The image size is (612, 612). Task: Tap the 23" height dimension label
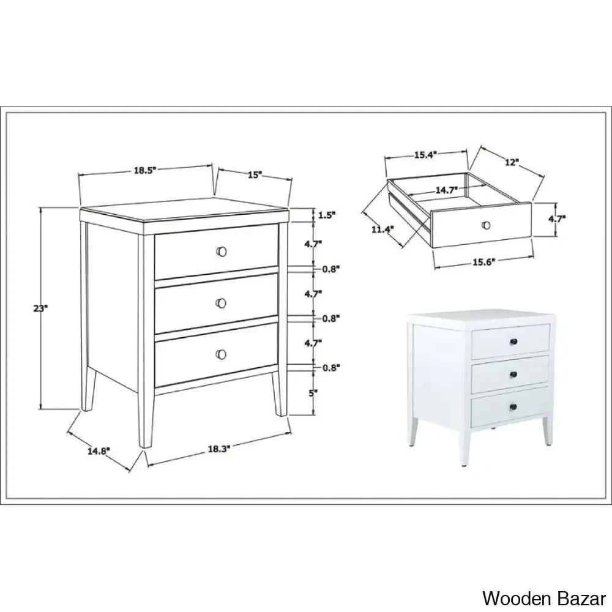[40, 308]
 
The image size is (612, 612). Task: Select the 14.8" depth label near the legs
[99, 451]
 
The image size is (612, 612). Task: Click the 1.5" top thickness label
[327, 215]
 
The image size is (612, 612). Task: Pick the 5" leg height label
[313, 393]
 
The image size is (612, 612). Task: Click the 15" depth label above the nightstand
[255, 174]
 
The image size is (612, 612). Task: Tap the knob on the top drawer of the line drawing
[222, 252]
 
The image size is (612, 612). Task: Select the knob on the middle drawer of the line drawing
[221, 303]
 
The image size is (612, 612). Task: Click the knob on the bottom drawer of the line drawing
[221, 354]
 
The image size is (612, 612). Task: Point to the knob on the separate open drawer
[486, 225]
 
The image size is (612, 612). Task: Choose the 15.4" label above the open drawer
[425, 155]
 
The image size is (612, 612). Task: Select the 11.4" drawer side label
[382, 230]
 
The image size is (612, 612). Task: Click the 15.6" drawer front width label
[483, 262]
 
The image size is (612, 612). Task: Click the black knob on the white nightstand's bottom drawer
[513, 408]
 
